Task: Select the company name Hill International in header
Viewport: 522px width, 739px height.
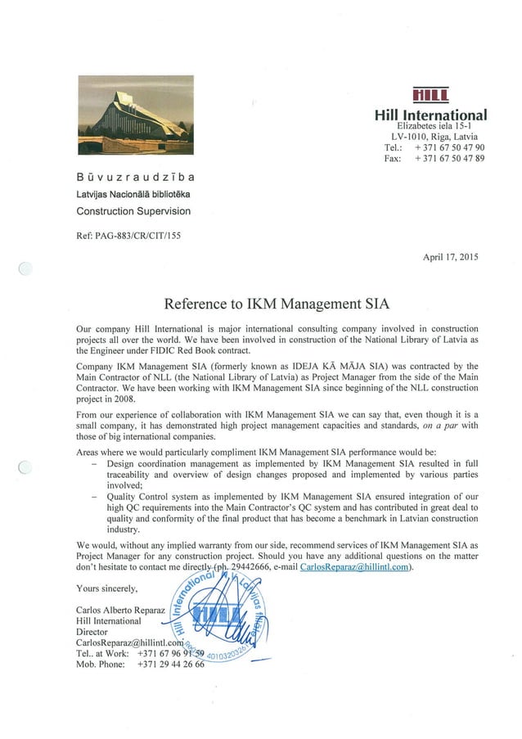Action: pos(430,115)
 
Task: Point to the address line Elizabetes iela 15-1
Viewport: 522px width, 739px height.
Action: pos(430,126)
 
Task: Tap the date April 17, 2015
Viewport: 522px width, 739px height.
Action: pos(450,256)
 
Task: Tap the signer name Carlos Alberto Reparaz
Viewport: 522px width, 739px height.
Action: pos(120,611)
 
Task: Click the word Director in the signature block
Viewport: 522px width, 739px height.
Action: pos(92,632)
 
